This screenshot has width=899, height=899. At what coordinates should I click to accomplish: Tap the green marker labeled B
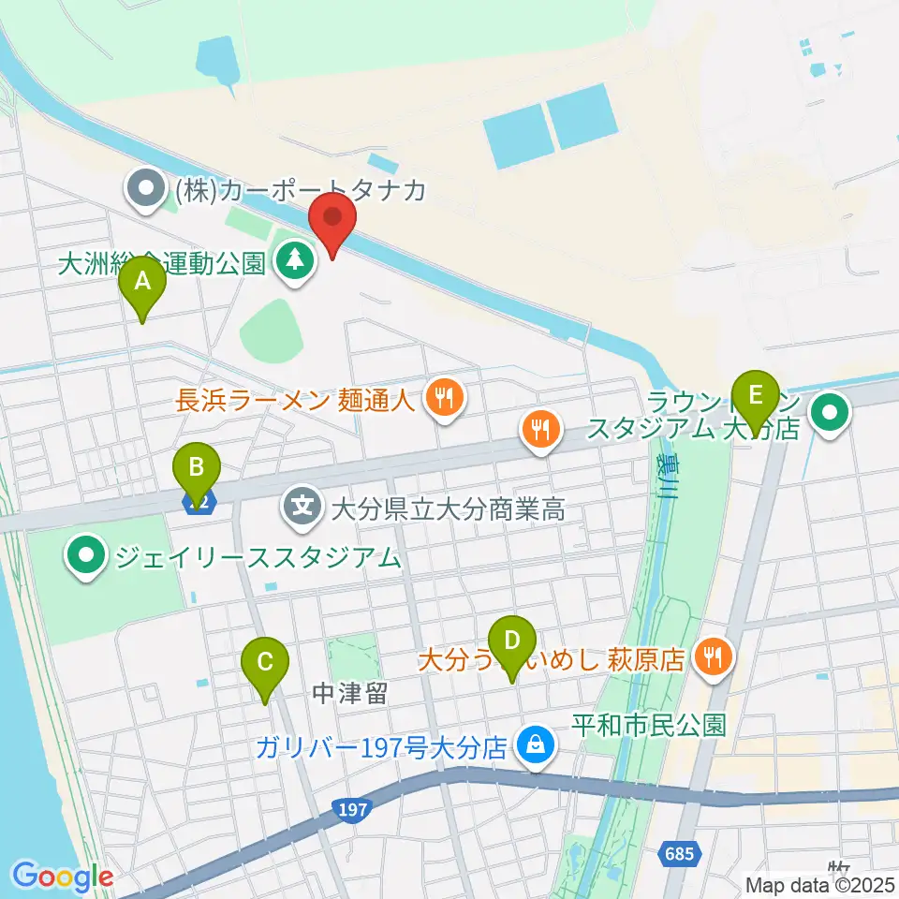pyautogui.click(x=196, y=468)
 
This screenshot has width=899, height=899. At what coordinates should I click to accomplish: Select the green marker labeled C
pyautogui.click(x=265, y=665)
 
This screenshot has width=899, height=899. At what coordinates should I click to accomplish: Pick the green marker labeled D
pyautogui.click(x=511, y=643)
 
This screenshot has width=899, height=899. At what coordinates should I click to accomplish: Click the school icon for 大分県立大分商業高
pyautogui.click(x=303, y=509)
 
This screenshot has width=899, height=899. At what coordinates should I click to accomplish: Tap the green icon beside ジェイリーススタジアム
pyautogui.click(x=87, y=558)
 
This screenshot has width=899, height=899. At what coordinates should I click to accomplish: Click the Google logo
pyautogui.click(x=62, y=877)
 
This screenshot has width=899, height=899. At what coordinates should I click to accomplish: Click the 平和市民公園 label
pyautogui.click(x=649, y=724)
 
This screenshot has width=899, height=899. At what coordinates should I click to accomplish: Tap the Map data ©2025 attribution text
pyautogui.click(x=819, y=884)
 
